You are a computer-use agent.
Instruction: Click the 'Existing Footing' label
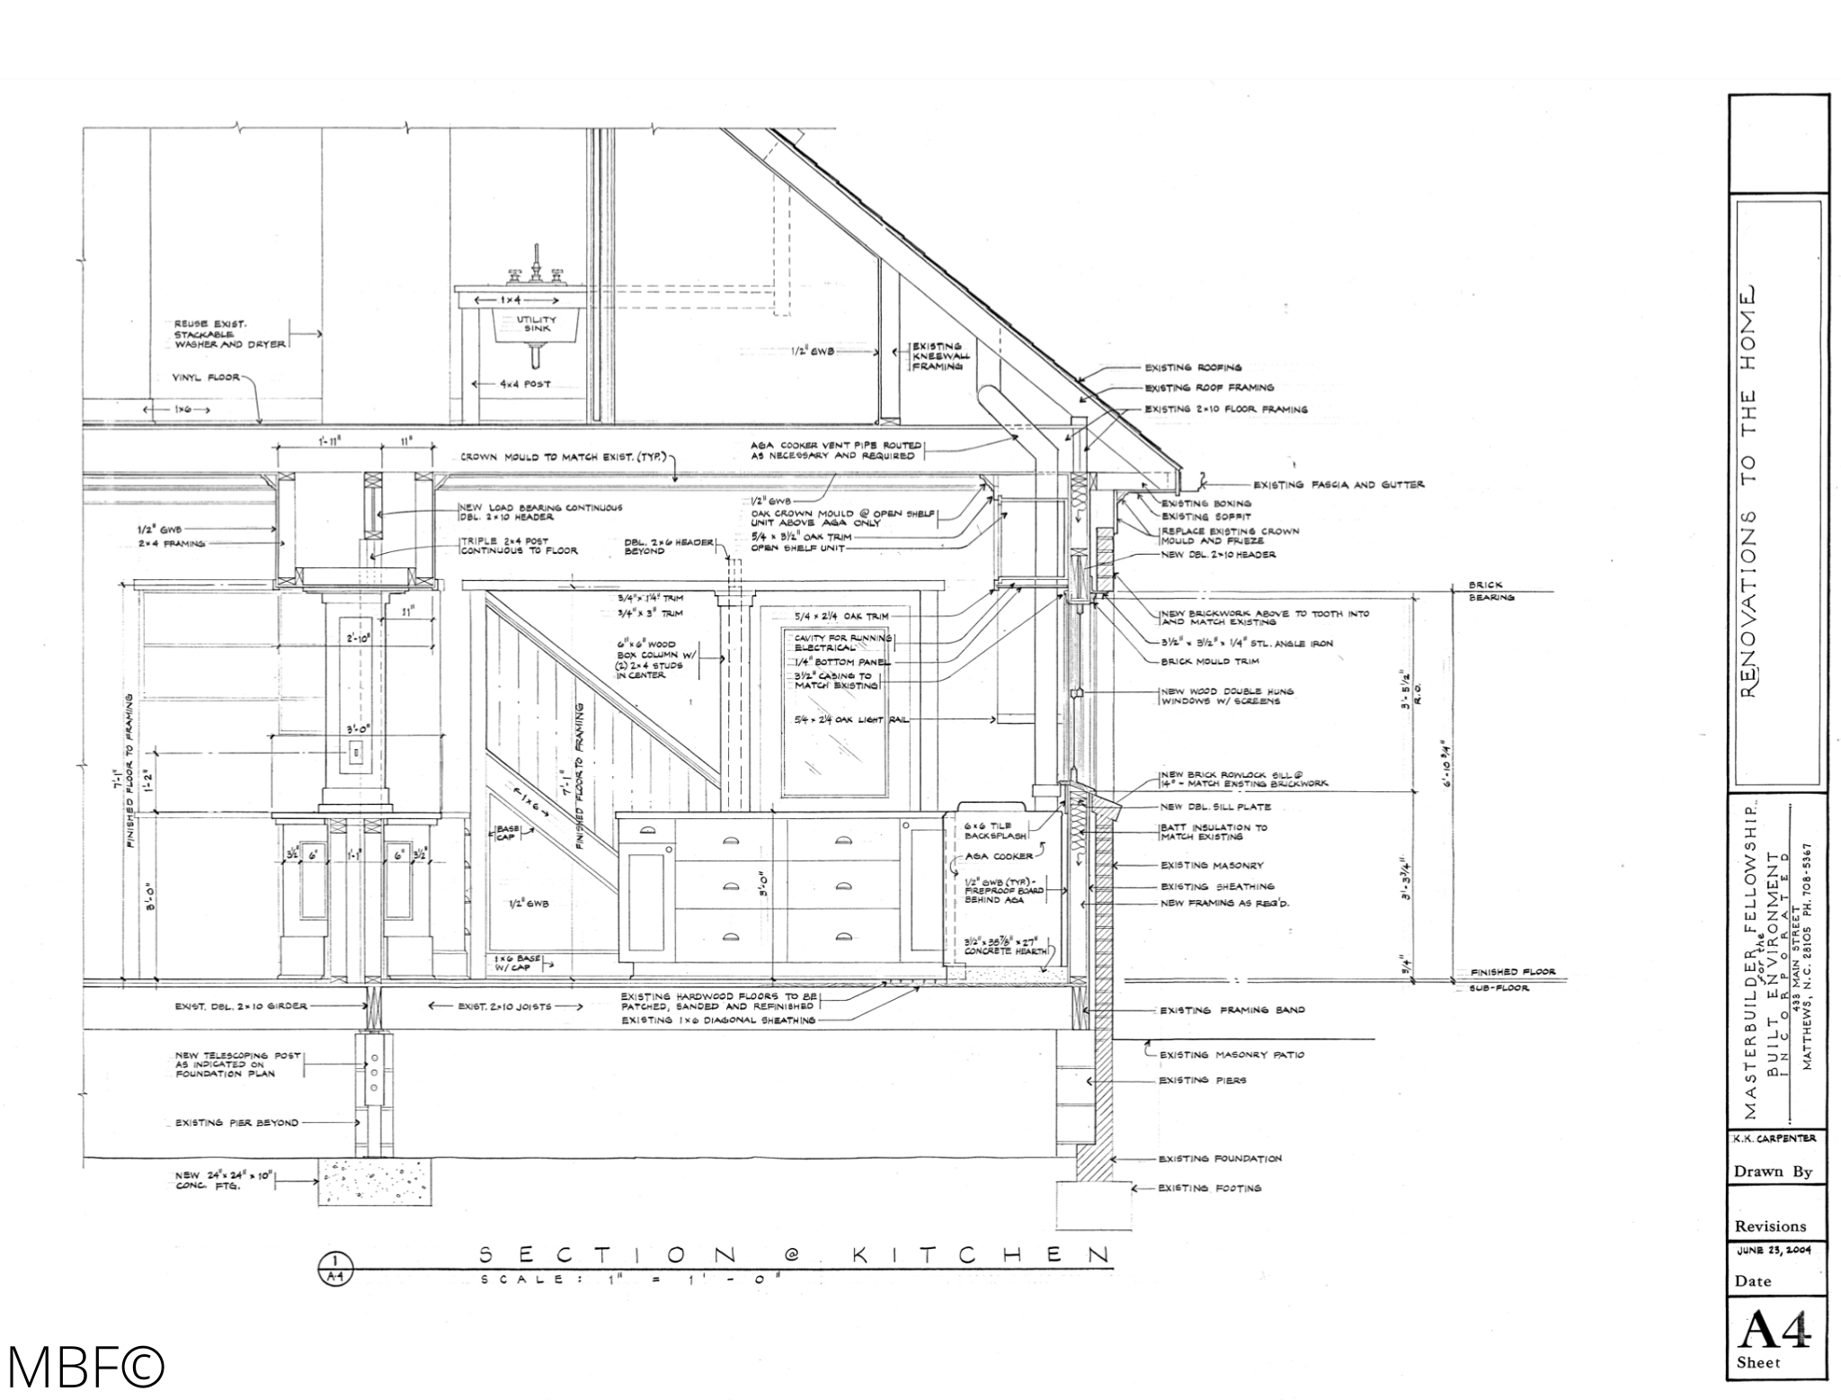tap(1210, 1188)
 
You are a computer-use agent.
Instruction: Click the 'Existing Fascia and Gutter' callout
tap(1339, 485)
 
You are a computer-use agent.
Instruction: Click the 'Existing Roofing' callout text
tap(1192, 367)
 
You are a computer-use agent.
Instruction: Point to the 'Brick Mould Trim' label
tap(1209, 661)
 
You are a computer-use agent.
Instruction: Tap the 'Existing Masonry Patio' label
tap(1231, 1055)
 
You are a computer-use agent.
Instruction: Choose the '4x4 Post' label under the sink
tap(524, 384)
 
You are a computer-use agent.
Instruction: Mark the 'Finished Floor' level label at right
tap(1506, 972)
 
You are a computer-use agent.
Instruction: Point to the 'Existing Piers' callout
tap(1202, 1080)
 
